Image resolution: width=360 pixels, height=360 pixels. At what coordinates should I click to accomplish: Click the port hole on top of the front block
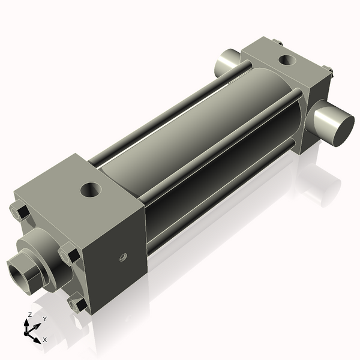[x=92, y=190]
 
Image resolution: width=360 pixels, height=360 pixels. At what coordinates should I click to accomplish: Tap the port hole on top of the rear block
[x=287, y=59]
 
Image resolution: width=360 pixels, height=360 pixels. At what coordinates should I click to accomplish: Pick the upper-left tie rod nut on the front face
[x=19, y=211]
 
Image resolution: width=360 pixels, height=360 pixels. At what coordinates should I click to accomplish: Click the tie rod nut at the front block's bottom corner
[x=77, y=305]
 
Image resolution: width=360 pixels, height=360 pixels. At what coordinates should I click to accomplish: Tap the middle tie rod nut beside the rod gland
[x=68, y=254]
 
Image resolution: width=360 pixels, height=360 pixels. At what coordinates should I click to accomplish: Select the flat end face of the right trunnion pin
[x=338, y=127]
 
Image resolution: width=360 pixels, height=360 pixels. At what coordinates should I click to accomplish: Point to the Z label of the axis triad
[x=30, y=314]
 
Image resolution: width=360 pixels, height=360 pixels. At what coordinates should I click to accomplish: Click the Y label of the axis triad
[x=44, y=319]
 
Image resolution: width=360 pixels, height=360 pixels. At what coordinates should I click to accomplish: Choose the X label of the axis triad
[x=44, y=340]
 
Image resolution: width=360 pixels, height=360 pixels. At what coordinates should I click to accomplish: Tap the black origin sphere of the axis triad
[x=29, y=331]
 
